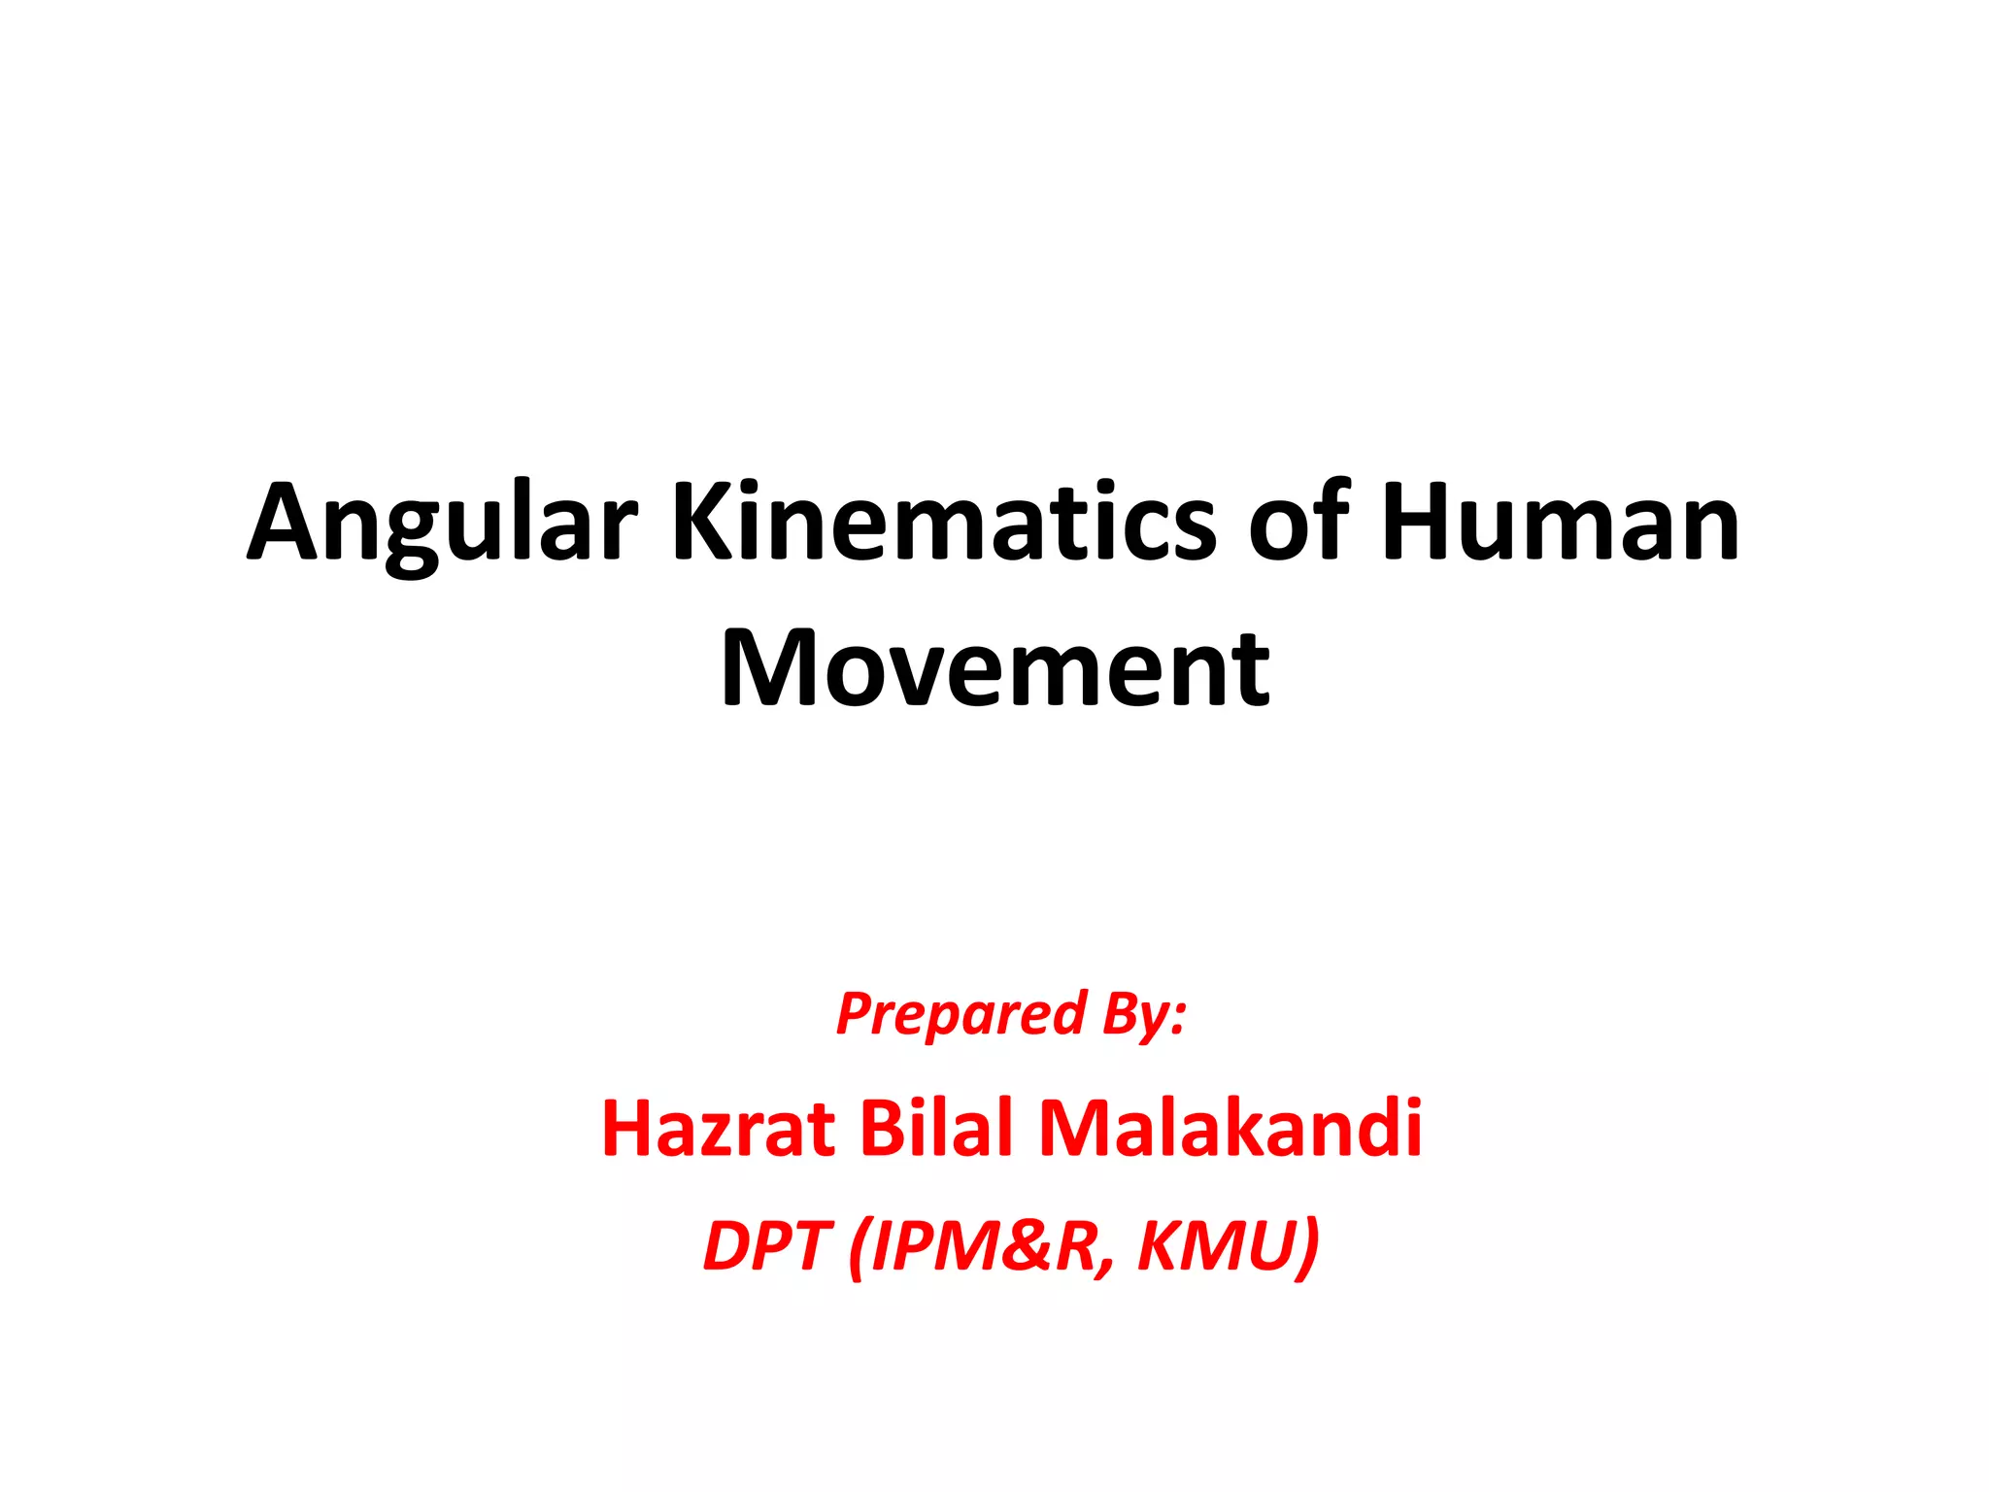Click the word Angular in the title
click(442, 525)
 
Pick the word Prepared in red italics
click(961, 1014)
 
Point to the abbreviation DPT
click(764, 1245)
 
